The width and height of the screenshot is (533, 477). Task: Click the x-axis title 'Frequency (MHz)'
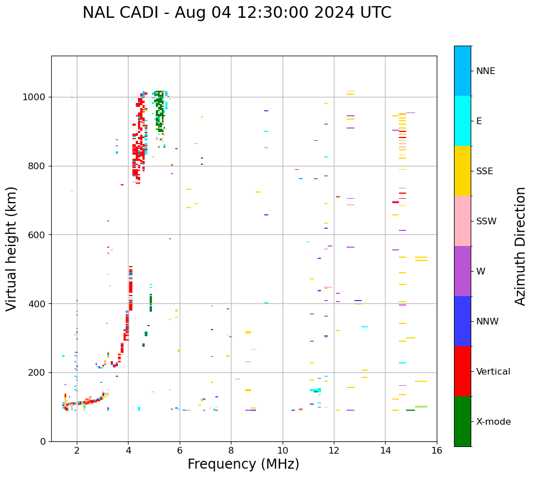point(243,464)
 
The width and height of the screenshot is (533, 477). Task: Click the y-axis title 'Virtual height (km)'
point(12,248)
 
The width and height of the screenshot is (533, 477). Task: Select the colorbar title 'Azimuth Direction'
point(520,246)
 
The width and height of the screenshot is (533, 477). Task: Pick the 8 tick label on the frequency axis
point(231,450)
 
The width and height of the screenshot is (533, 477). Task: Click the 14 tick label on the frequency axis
point(385,450)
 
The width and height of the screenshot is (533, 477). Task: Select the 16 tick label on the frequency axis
point(437,450)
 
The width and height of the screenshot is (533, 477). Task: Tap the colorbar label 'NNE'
point(485,71)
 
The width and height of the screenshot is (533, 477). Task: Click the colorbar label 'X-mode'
point(493,422)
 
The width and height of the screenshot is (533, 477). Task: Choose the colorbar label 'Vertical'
point(493,372)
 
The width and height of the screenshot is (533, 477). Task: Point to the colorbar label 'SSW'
point(486,222)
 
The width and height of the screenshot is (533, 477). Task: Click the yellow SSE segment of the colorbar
point(462,171)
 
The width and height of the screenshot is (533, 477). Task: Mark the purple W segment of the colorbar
point(462,271)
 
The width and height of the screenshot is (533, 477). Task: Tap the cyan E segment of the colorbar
point(462,121)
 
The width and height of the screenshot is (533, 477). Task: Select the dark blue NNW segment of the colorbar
point(462,321)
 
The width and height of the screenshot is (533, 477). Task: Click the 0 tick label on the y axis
point(43,441)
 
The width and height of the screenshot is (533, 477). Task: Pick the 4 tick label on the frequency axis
point(128,450)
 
